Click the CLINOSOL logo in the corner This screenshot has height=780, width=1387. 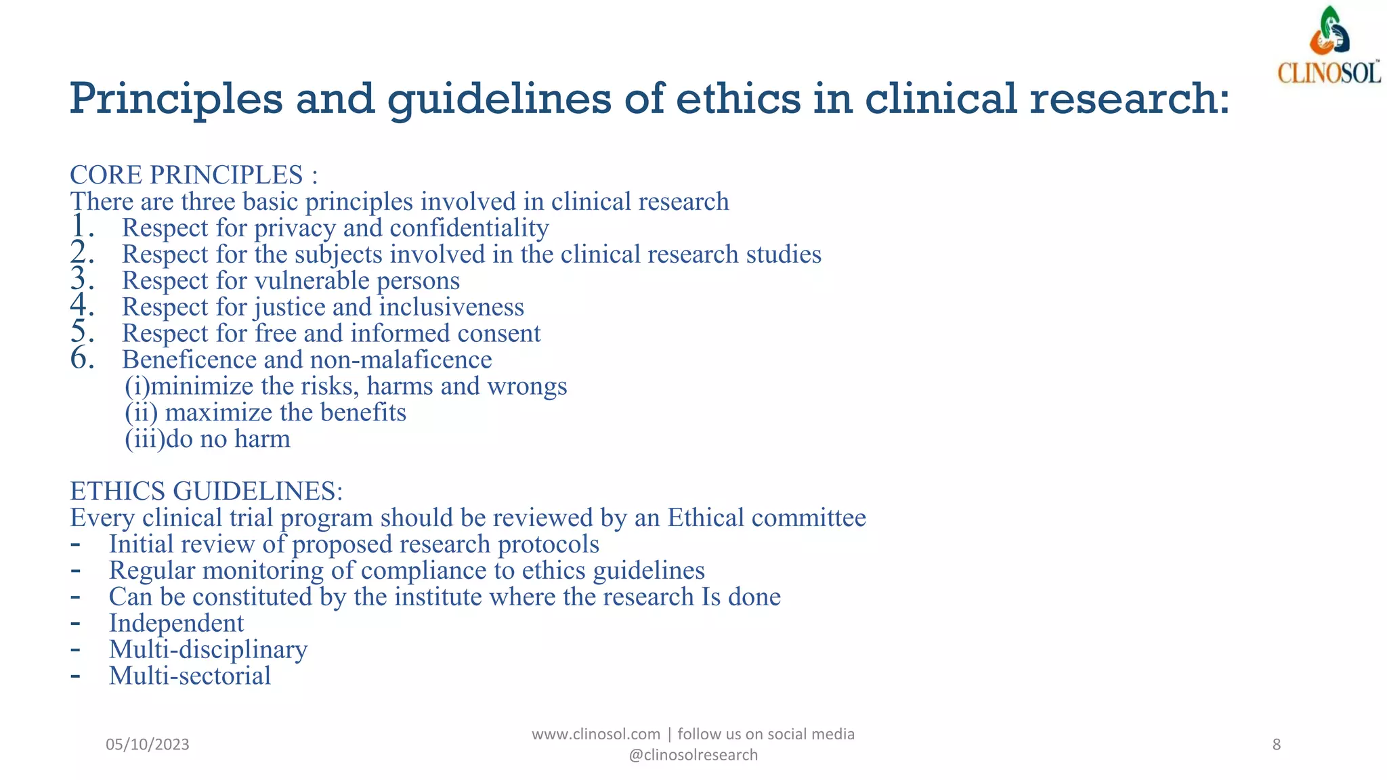pyautogui.click(x=1329, y=46)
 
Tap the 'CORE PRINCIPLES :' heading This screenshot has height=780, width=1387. pyautogui.click(x=194, y=175)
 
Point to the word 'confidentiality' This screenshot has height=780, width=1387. pyautogui.click(x=469, y=228)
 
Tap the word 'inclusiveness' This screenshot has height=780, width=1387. pyautogui.click(x=451, y=307)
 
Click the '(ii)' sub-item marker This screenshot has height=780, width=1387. pyautogui.click(x=141, y=413)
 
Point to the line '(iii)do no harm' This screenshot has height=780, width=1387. pyautogui.click(x=207, y=439)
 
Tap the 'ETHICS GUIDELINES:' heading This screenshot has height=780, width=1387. pyautogui.click(x=207, y=491)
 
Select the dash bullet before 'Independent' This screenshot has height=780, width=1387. pyautogui.click(x=76, y=622)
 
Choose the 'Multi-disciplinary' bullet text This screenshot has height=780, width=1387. pyautogui.click(x=208, y=650)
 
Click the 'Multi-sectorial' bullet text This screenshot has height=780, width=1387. pyautogui.click(x=190, y=676)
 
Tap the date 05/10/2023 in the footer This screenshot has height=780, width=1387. pyautogui.click(x=148, y=745)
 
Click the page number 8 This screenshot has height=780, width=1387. pyautogui.click(x=1277, y=745)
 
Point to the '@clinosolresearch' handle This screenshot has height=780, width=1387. pyautogui.click(x=693, y=756)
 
